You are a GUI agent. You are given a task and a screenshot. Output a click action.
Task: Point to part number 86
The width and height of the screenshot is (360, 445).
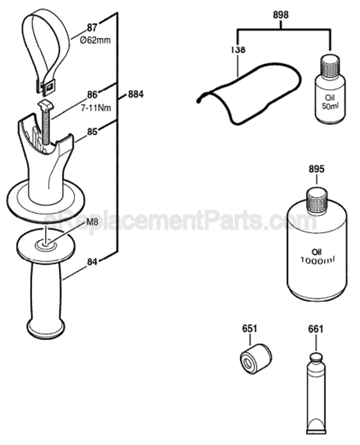91,94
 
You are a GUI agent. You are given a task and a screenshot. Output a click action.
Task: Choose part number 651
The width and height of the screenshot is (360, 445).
250,328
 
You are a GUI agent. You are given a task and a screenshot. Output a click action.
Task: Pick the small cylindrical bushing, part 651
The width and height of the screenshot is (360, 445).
255,357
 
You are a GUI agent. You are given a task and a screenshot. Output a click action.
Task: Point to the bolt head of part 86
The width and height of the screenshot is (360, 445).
47,105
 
